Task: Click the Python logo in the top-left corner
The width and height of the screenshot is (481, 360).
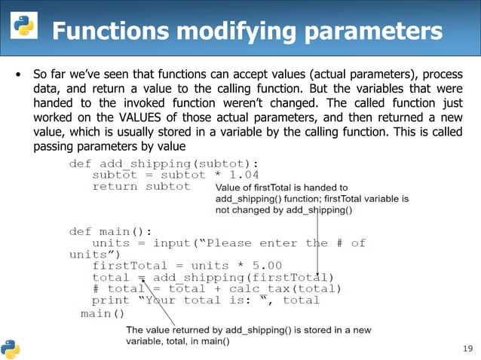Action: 22,26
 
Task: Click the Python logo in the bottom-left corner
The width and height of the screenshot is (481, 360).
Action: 11,347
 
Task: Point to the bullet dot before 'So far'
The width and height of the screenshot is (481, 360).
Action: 19,75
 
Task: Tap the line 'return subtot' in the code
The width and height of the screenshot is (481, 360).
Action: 141,186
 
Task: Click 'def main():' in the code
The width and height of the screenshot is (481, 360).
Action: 111,230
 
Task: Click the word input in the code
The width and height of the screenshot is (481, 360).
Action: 171,243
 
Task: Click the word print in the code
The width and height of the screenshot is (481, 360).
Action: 111,300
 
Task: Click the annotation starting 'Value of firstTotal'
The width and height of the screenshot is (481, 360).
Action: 312,199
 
